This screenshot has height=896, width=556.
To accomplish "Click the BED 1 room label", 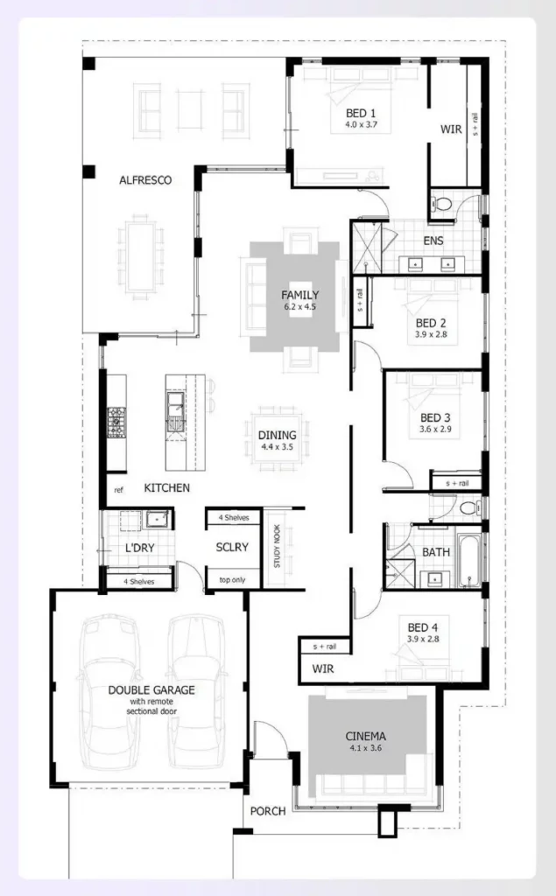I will [x=361, y=113].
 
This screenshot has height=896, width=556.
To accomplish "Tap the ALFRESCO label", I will [x=145, y=180].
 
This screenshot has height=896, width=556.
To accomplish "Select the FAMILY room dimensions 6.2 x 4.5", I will [x=299, y=307].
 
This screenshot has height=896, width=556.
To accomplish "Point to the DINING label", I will [x=278, y=435].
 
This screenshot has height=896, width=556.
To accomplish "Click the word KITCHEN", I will [x=166, y=487].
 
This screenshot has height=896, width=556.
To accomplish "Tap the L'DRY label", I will [x=140, y=549].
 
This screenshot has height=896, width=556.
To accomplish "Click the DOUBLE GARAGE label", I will [x=151, y=689].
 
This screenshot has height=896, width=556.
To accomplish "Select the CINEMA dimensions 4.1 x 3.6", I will [x=365, y=749].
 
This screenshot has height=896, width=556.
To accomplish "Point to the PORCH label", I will [x=268, y=811].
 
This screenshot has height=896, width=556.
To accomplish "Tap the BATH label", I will [x=436, y=552].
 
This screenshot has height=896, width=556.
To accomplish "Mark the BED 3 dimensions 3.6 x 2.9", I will [x=435, y=430].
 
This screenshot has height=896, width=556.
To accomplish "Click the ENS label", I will [x=433, y=241].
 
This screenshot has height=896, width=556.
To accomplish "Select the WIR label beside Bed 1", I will [x=451, y=129].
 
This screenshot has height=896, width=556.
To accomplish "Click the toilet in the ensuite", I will [x=442, y=206].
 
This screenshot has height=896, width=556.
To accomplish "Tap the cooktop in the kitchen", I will [x=117, y=422].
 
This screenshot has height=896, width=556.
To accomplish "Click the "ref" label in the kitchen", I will [x=117, y=489].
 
